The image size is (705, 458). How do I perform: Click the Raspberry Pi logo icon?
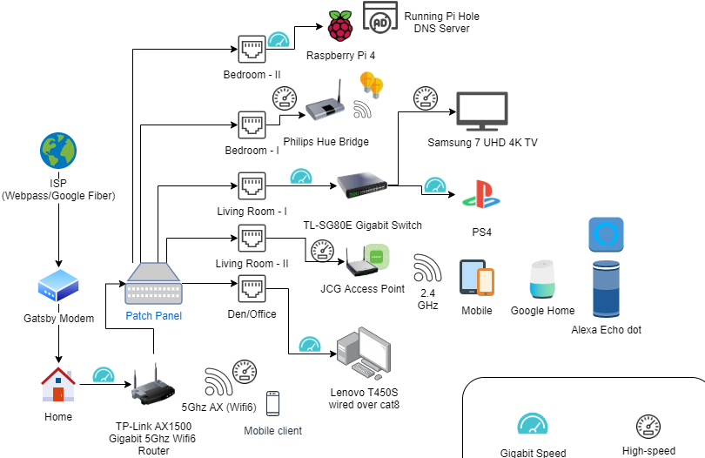click(339, 26)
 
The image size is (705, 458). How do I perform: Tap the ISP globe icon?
click(58, 152)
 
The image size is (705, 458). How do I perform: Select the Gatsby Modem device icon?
click(58, 286)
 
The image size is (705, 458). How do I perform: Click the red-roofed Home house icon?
click(58, 386)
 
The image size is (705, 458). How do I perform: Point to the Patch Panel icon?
click(154, 284)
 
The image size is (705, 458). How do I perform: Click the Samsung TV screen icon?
click(481, 110)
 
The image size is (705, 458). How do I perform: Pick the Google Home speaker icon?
click(541, 279)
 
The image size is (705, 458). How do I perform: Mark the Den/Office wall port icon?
click(252, 288)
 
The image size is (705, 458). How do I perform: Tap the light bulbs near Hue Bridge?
click(373, 84)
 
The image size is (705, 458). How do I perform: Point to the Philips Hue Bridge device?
click(324, 105)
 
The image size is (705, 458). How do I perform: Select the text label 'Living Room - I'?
click(252, 212)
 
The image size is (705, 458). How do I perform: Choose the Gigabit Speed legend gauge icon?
click(533, 424)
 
